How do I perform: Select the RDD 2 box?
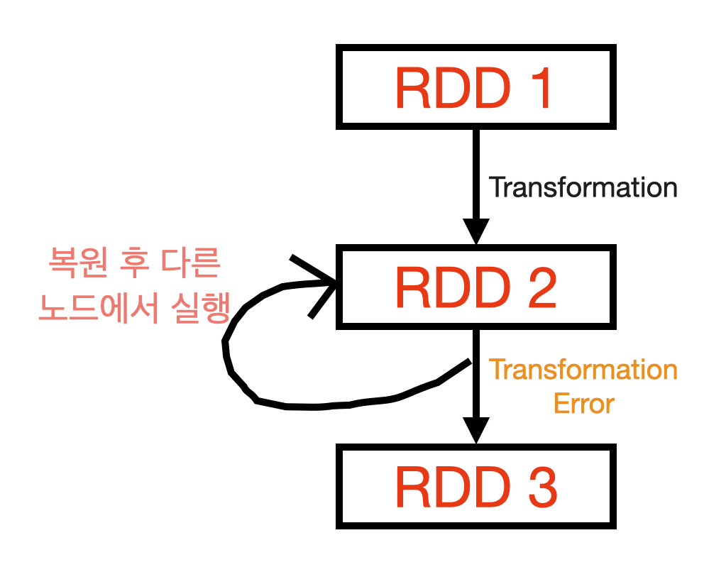tap(476, 287)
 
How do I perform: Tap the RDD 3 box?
tap(476, 487)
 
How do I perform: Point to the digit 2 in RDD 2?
tap(539, 287)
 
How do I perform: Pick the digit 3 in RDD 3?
tap(539, 487)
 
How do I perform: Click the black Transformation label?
tap(583, 188)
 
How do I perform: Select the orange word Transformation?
tap(583, 370)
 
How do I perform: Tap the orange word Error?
tap(583, 404)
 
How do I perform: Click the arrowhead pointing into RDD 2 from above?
tap(476, 231)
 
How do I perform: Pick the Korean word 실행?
tap(199, 309)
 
